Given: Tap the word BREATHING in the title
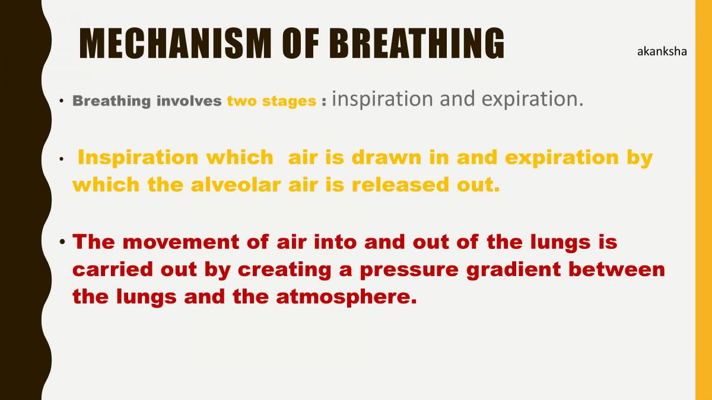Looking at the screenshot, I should pyautogui.click(x=416, y=44).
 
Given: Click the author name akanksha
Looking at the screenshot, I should pyautogui.click(x=662, y=52).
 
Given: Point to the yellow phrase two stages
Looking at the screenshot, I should pyautogui.click(x=271, y=101).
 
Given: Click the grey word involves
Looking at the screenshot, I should pyautogui.click(x=189, y=101).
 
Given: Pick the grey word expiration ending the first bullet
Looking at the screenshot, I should pyautogui.click(x=532, y=100).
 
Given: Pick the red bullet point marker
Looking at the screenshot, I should pyautogui.click(x=62, y=242).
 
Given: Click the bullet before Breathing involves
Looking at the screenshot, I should pyautogui.click(x=62, y=101).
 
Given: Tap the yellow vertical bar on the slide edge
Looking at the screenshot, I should pyautogui.click(x=703, y=200).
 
